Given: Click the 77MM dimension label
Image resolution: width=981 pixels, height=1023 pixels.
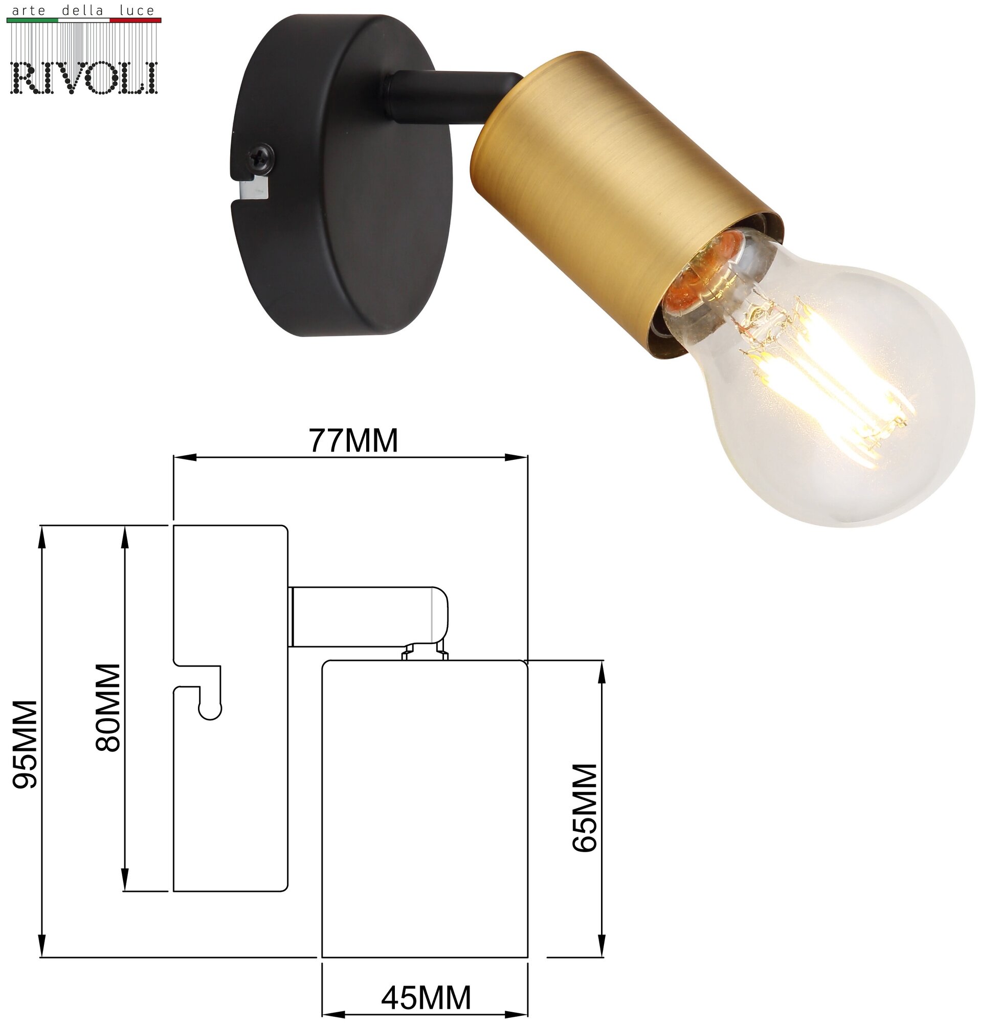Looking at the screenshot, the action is [353, 440].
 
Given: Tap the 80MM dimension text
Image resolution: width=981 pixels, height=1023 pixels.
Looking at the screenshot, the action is [108, 708].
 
